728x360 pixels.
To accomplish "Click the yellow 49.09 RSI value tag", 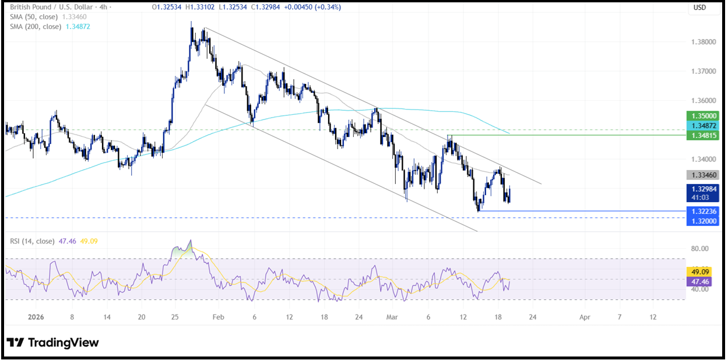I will click(701, 271).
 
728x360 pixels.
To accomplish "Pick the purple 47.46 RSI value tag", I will click(701, 281).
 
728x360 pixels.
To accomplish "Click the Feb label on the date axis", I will click(218, 317).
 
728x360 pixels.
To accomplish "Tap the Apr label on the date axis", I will click(585, 317).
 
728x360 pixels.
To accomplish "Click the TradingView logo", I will click(52, 343).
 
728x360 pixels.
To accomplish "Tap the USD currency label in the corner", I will click(699, 8).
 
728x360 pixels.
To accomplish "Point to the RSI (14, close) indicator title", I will click(32, 240).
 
